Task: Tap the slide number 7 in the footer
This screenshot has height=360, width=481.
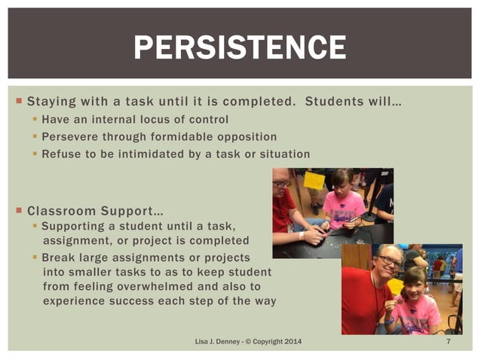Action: (x=448, y=343)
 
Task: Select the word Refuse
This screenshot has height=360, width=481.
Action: (x=60, y=154)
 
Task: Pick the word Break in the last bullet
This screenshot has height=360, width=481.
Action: (x=57, y=257)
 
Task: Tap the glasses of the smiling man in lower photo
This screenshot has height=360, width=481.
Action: (x=389, y=261)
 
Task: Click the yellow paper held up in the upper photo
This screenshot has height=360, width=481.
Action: (x=314, y=181)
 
